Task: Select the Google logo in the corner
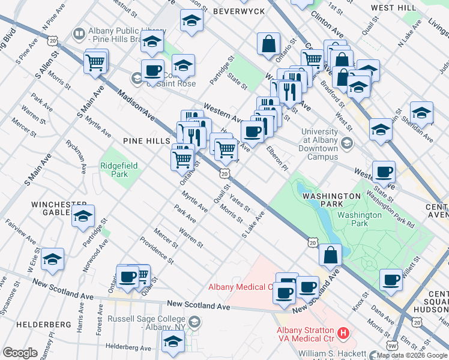pyautogui.click(x=20, y=353)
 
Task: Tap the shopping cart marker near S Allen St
pyautogui.click(x=96, y=62)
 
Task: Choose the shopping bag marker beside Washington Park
pyautogui.click(x=330, y=254)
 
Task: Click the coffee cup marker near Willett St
pyautogui.click(x=391, y=280)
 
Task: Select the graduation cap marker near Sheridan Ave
pyautogui.click(x=421, y=113)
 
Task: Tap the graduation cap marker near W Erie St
pyautogui.click(x=53, y=259)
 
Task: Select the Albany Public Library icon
pyautogui.click(x=79, y=34)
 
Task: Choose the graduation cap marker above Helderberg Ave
pyautogui.click(x=173, y=341)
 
